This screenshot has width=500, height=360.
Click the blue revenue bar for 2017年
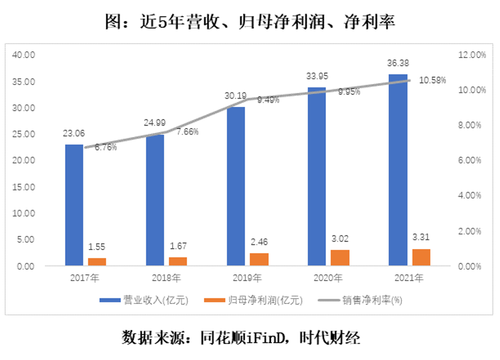(x=74, y=205)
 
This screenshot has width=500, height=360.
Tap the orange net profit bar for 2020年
(x=340, y=258)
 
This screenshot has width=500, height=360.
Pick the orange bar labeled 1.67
(x=178, y=261)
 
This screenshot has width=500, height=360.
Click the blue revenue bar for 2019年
(x=236, y=186)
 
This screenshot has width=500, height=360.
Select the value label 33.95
(x=317, y=77)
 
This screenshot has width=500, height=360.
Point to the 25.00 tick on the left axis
(x=23, y=134)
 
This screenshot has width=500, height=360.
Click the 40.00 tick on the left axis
(x=23, y=55)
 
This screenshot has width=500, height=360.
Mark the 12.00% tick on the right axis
(x=470, y=55)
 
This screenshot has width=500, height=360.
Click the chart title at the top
(x=249, y=22)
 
